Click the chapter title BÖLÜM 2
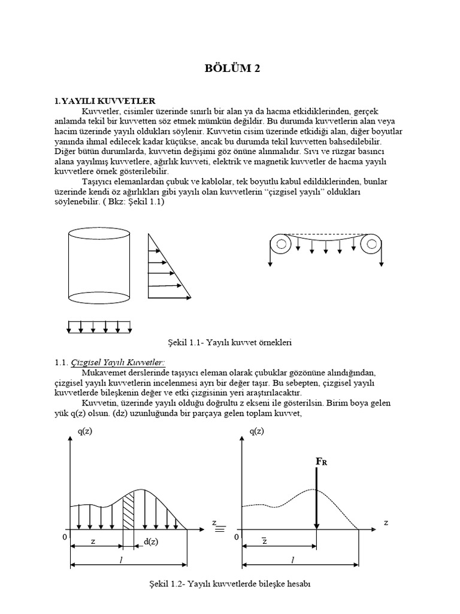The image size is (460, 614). point(230,70)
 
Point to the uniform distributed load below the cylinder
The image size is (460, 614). point(99,327)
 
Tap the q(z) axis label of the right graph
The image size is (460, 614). point(256,431)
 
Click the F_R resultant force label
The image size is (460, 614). point(322,462)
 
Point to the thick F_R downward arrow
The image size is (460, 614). point(316,498)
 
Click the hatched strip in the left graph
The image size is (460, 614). point(129,510)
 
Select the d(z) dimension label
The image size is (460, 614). point(151,542)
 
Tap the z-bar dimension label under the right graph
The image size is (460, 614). point(264,541)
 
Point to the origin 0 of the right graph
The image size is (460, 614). point(237,537)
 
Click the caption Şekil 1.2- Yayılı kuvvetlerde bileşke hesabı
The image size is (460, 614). point(229,583)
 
